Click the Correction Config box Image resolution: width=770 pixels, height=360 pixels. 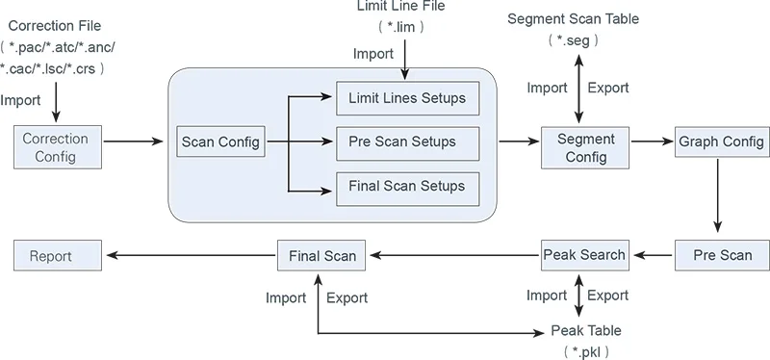click(58, 147)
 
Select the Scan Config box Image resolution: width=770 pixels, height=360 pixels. click(220, 141)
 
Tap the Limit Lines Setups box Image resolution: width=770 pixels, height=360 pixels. click(407, 98)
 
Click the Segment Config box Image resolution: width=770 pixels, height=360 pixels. click(585, 148)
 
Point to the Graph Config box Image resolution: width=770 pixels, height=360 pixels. click(722, 141)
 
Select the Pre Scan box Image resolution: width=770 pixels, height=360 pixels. click(722, 255)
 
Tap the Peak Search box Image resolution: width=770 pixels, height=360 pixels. click(585, 255)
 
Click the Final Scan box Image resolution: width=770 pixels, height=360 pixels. click(321, 255)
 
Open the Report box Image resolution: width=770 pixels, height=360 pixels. click(58, 255)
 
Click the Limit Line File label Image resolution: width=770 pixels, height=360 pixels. click(400, 6)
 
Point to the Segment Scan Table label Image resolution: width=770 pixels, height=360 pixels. click(573, 19)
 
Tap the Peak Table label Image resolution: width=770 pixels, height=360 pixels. click(586, 330)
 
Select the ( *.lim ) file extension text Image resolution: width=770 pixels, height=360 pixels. click(400, 27)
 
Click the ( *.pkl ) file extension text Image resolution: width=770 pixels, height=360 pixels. click(586, 351)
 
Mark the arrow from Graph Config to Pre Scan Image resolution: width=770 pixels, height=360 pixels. click(717, 194)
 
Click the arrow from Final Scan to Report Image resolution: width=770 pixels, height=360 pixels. click(192, 255)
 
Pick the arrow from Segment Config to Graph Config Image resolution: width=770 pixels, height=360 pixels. click(652, 141)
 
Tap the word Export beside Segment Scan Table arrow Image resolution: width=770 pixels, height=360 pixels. click(608, 88)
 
